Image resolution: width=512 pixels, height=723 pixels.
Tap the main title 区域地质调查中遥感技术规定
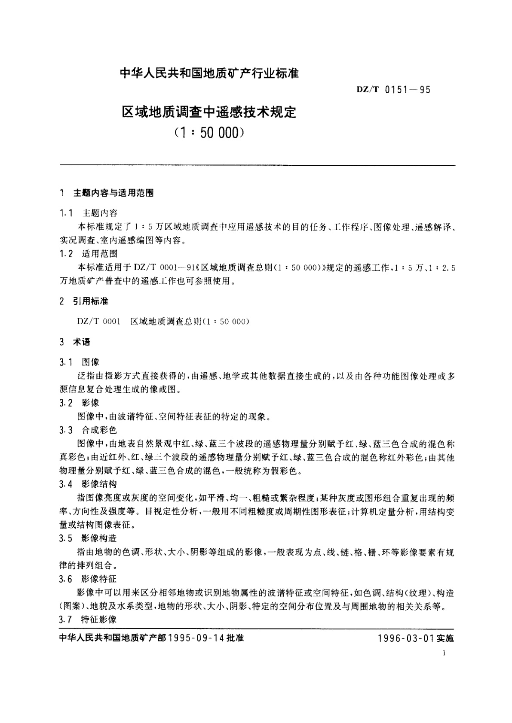(x=209, y=112)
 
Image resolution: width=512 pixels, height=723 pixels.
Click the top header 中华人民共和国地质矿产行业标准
(x=209, y=73)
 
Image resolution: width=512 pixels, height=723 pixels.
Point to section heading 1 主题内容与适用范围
(x=107, y=193)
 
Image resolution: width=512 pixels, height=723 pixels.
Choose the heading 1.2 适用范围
(x=89, y=253)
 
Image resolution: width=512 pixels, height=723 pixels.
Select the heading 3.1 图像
(x=80, y=362)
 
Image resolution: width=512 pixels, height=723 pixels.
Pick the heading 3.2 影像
(x=80, y=403)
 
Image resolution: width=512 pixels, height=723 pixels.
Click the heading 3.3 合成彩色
(x=88, y=430)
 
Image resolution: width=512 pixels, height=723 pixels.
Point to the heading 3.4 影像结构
(x=88, y=484)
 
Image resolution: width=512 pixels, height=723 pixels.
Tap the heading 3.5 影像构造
(x=88, y=538)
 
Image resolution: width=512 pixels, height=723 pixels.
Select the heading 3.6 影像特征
(x=88, y=579)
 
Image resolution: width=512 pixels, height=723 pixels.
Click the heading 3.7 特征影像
(x=88, y=619)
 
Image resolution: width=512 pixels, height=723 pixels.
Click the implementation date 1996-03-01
(x=406, y=638)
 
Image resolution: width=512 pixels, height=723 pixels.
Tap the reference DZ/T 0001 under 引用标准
(x=99, y=321)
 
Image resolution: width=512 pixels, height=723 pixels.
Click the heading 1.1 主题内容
(x=89, y=213)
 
